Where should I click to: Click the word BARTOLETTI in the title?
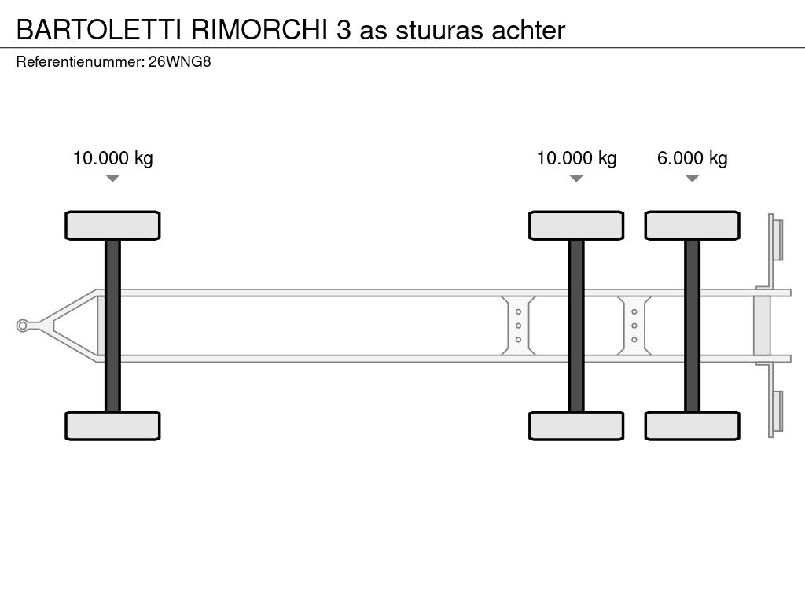(98, 30)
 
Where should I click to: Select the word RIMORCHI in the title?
(259, 30)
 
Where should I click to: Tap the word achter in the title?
(528, 30)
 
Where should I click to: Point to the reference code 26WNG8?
(180, 62)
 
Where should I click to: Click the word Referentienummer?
(80, 62)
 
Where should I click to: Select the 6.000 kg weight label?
(692, 158)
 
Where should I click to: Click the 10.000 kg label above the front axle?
(112, 158)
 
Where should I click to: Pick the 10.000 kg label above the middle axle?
(576, 158)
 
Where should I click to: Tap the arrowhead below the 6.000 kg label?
(692, 179)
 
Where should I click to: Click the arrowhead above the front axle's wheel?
(112, 179)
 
